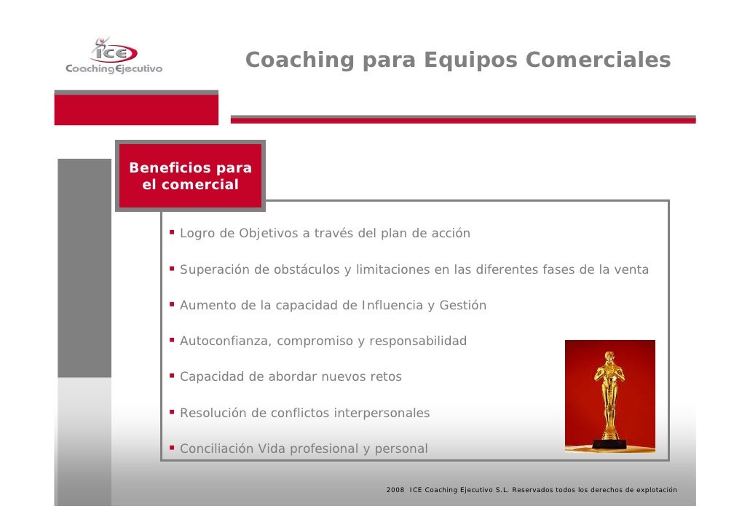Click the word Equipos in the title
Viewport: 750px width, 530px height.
coord(470,60)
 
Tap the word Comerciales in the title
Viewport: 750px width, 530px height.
coord(598,60)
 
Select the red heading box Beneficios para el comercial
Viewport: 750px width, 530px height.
coord(190,175)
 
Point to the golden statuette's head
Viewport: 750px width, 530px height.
coord(609,356)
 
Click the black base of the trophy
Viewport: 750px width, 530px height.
coord(609,443)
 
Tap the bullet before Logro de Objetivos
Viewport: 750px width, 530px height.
coord(172,232)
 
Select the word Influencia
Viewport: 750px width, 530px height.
coord(392,305)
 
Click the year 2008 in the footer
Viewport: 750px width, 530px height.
coord(395,490)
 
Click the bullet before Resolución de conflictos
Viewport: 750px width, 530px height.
coord(172,411)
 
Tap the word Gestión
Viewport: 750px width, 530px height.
coord(462,305)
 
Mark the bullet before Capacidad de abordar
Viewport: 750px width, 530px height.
coord(172,376)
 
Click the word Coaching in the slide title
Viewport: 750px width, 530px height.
coord(300,60)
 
